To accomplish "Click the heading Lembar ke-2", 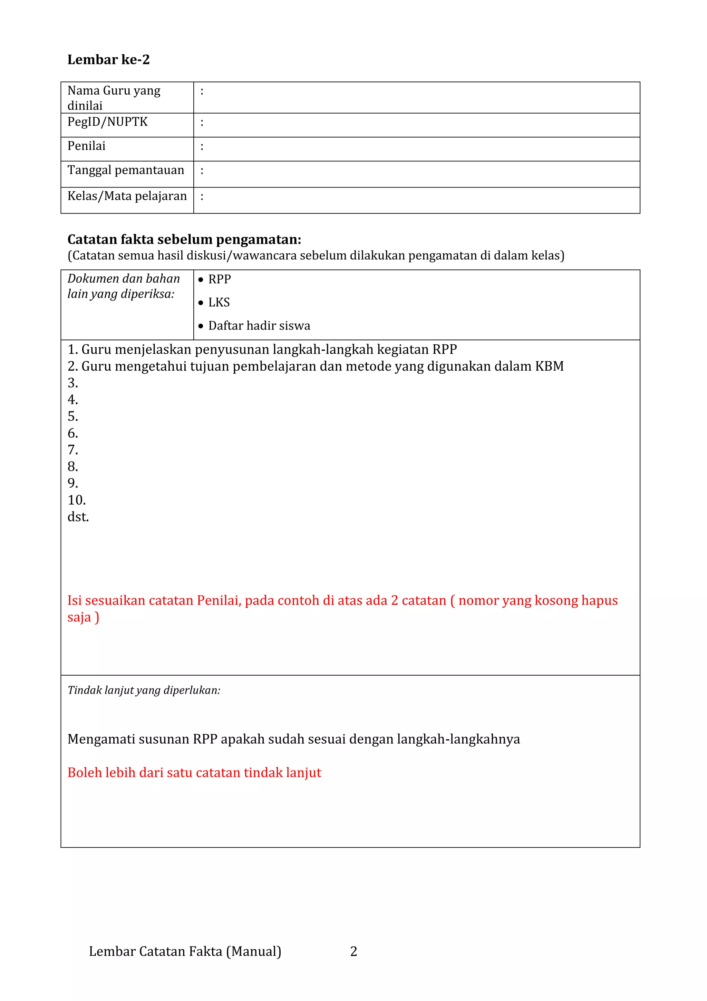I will (x=108, y=60).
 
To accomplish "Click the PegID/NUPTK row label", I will (x=108, y=122).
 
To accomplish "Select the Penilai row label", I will (x=87, y=146).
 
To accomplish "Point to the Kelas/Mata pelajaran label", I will (x=127, y=196).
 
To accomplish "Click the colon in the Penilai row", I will (x=202, y=146).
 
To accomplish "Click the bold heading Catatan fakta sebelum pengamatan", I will (x=184, y=239).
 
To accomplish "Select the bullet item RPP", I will (x=220, y=279).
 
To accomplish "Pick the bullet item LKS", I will (x=219, y=303).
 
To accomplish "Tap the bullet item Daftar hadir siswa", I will (x=259, y=326).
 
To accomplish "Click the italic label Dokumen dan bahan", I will (x=124, y=279).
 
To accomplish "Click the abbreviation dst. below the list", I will (x=78, y=517).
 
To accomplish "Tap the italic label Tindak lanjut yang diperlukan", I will (x=144, y=690).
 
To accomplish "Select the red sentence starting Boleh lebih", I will (x=194, y=773).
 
